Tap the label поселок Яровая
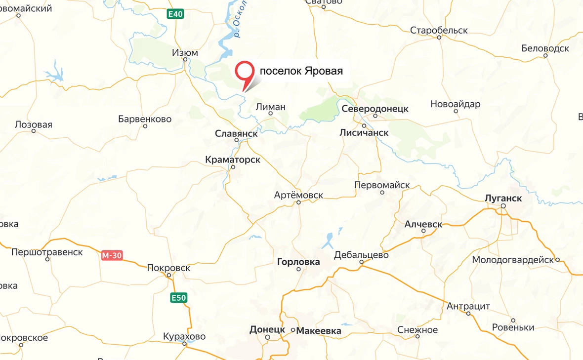(301, 71)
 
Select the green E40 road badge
(175, 14)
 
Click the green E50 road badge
(179, 298)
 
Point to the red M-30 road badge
(112, 255)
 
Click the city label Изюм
(185, 52)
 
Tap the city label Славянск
(236, 133)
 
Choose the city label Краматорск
(232, 160)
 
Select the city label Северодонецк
(375, 109)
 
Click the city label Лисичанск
(364, 132)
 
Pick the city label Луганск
(503, 198)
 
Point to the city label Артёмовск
(298, 195)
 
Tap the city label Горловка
(298, 262)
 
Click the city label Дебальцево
(361, 255)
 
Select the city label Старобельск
(439, 30)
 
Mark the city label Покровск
(168, 268)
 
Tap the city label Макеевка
(319, 331)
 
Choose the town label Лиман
(270, 107)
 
